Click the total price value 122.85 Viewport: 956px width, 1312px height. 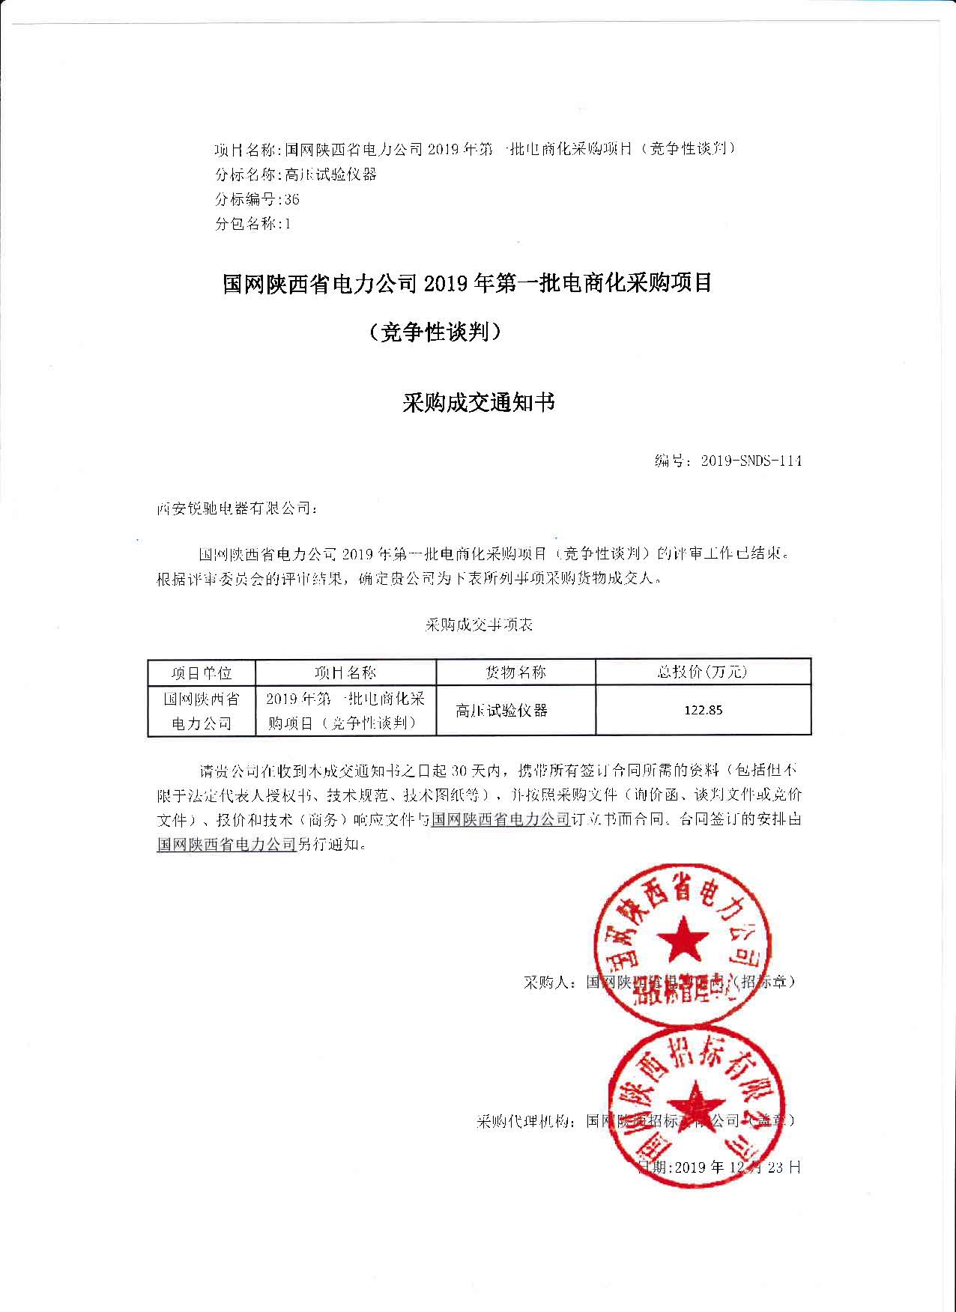click(703, 710)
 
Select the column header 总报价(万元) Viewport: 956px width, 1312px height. click(702, 672)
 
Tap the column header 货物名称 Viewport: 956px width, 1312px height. click(515, 672)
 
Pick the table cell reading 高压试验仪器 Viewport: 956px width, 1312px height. click(501, 710)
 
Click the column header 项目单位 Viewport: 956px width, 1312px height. click(201, 672)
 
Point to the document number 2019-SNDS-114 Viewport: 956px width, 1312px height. click(751, 461)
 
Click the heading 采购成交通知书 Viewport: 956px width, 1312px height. click(479, 403)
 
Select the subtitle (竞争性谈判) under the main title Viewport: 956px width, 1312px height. click(435, 332)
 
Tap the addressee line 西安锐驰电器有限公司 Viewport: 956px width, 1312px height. click(236, 508)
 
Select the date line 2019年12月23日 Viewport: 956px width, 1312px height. click(719, 1166)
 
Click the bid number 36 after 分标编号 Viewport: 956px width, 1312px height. click(291, 199)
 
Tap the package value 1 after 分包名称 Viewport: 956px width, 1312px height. click(287, 223)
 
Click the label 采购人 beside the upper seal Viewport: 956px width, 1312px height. click(548, 982)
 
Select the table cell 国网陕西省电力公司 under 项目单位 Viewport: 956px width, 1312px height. click(202, 711)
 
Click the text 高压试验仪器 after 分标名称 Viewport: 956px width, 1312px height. click(330, 174)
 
